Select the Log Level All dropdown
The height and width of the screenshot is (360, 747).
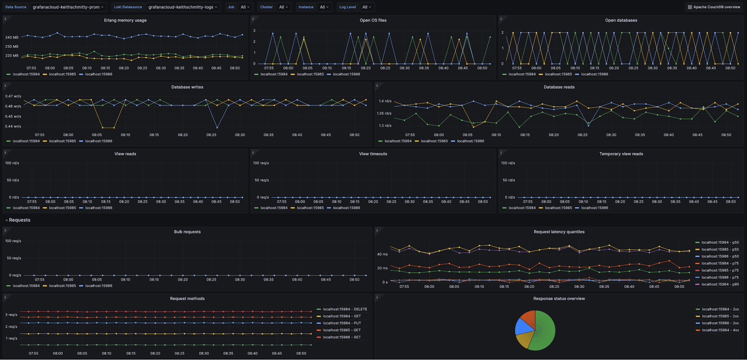coord(367,7)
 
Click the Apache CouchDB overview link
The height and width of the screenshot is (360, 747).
coord(714,7)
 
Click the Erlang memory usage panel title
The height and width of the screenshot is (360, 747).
coord(125,21)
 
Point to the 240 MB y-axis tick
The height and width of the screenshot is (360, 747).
coord(12,37)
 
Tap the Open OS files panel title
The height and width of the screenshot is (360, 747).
coord(373,21)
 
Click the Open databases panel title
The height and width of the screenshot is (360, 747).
coord(621,21)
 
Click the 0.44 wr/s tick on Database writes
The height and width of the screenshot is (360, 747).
coord(13,126)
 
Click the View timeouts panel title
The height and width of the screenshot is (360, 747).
coord(373,154)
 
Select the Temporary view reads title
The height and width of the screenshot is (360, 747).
coord(621,154)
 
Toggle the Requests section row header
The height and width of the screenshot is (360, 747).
coord(19,220)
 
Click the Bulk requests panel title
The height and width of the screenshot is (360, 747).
coord(187,232)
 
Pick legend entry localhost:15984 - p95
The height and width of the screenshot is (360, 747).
coord(720,285)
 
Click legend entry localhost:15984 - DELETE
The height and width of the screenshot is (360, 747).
coord(345,309)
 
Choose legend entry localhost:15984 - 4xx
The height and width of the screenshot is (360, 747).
coord(720,330)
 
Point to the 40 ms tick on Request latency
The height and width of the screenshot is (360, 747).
coord(382,254)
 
